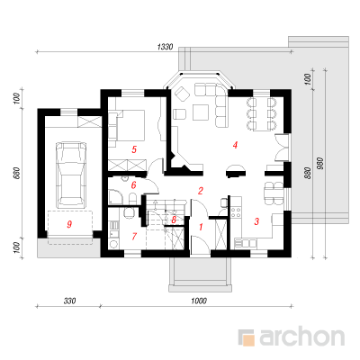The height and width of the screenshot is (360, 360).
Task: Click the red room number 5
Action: click(x=134, y=149)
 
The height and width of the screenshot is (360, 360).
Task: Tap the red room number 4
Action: click(x=235, y=145)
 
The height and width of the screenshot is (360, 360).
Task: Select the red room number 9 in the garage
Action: click(x=69, y=224)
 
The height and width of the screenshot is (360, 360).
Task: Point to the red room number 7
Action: click(x=134, y=236)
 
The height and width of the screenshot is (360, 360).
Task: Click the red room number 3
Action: click(x=256, y=221)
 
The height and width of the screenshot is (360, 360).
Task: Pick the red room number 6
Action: click(x=134, y=184)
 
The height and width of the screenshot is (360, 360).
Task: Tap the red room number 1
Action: click(x=201, y=227)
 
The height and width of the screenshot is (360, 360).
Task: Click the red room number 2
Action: click(x=201, y=191)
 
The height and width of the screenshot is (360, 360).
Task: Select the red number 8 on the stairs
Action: click(x=174, y=220)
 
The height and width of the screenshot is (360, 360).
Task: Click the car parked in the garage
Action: click(x=71, y=174)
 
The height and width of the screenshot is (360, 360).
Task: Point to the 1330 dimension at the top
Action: click(x=165, y=47)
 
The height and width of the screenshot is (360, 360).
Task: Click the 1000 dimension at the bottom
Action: click(x=199, y=301)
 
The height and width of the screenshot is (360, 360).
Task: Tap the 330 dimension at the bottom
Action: click(x=69, y=301)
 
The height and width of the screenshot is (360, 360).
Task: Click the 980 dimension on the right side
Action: click(x=320, y=164)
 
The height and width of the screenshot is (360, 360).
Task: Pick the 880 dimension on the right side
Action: click(x=308, y=173)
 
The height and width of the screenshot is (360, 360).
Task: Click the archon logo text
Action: click(x=301, y=337)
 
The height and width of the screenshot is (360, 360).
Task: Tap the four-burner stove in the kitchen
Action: click(x=236, y=212)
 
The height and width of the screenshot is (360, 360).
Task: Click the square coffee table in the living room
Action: click(x=201, y=112)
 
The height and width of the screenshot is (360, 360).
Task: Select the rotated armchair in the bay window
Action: click(x=183, y=94)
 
